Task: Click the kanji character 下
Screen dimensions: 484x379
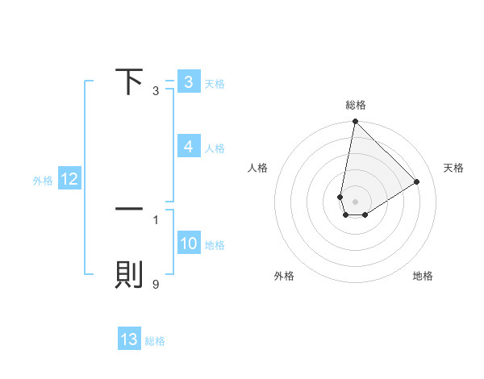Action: pos(129,81)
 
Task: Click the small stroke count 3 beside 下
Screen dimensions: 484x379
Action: pos(156,91)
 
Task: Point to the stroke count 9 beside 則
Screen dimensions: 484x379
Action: pos(156,284)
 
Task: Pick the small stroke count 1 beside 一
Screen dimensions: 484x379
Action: pos(156,219)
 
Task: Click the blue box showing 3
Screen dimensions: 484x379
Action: pos(188,81)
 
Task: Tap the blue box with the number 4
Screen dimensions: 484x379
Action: pos(188,146)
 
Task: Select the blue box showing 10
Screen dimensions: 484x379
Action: pos(188,244)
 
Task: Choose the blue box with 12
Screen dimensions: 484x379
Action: pos(69,179)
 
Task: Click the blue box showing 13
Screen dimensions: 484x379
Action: pos(129,339)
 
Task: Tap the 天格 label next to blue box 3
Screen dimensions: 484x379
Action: pos(215,83)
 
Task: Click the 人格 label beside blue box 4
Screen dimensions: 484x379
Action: pos(215,148)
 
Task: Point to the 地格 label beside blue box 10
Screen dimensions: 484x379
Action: pos(215,244)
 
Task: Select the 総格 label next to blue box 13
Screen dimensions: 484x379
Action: pos(155,341)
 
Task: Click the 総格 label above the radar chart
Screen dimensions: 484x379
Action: pos(355,105)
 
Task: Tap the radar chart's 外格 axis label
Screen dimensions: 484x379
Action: pos(284,276)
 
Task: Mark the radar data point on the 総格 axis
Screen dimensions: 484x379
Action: pos(355,123)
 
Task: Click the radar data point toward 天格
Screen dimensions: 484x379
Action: pos(417,181)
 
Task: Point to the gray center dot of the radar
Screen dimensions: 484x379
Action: pos(355,201)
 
